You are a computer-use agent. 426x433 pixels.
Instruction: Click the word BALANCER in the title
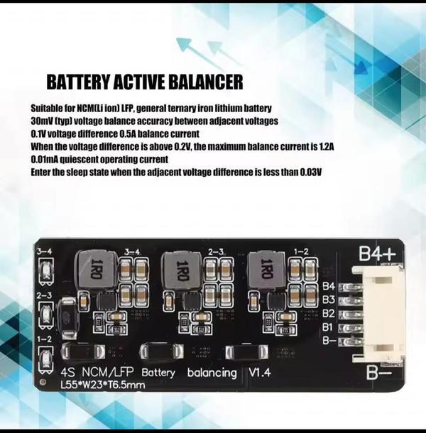click(205, 82)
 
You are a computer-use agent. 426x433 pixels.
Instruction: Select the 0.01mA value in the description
click(44, 159)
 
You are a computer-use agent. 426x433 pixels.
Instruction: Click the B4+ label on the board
click(378, 253)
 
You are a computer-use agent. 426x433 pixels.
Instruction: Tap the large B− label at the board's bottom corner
click(379, 372)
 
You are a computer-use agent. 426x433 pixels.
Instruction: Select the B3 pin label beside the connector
click(329, 300)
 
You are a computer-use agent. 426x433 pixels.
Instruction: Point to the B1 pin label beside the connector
click(327, 327)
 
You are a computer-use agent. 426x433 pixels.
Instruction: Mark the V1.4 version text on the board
click(260, 373)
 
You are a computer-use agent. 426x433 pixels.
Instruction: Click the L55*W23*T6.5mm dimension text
click(103, 385)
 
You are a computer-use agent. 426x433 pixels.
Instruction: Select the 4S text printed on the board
click(67, 373)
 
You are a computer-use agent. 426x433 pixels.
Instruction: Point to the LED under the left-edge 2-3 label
click(45, 314)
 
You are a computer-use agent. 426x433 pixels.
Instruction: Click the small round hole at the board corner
click(43, 382)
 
